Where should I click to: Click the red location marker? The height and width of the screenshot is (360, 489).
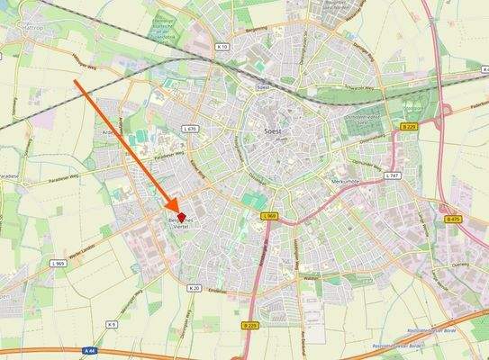click(x=181, y=216)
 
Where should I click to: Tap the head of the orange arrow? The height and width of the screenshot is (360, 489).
click(x=177, y=211)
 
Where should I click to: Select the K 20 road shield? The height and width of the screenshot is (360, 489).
click(x=194, y=288)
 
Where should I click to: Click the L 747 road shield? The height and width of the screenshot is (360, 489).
click(x=392, y=175)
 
